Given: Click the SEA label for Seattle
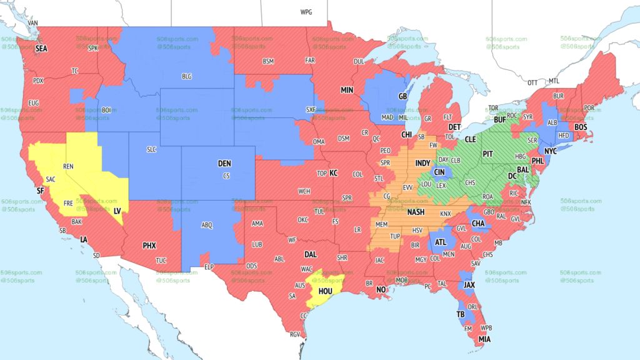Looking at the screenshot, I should pos(41,48).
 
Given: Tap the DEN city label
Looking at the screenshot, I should pos(224,164).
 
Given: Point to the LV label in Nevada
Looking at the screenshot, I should pos(117,211).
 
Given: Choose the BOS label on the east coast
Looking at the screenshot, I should pos(581,127).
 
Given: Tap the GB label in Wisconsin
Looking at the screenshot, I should pos(402,97).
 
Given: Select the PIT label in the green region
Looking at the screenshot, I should pos(489,153).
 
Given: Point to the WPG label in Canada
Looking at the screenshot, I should pos(306,12).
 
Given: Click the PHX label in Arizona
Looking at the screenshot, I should pos(149,246).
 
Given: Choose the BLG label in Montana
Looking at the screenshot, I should pos(186,76).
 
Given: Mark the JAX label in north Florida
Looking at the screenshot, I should pos(469,284).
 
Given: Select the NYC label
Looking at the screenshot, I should pos(550,152).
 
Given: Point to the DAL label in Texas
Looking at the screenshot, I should pos(311,255).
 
